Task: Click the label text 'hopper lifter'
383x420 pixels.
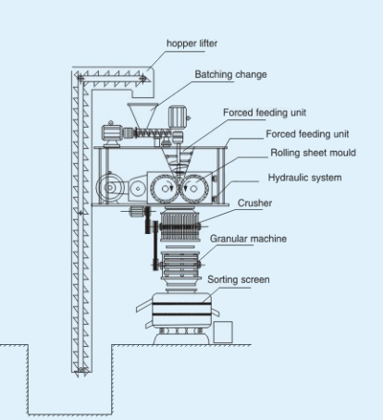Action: pos(191,43)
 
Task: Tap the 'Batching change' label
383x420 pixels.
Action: pos(230,75)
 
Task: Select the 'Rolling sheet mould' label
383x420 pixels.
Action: pos(313,153)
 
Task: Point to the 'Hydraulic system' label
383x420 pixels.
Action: pos(304,178)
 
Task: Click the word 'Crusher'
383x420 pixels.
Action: pos(254,203)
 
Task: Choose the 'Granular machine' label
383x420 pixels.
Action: pos(248,239)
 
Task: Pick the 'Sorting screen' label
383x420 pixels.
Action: pos(239,279)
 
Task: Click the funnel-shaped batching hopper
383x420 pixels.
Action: pos(142,117)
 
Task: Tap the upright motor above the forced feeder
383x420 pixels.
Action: pos(178,117)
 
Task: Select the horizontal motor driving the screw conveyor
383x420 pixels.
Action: pos(112,133)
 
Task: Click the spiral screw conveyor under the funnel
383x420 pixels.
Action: pos(153,133)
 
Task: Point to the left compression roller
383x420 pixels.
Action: pos(165,188)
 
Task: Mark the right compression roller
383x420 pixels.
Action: pos(194,189)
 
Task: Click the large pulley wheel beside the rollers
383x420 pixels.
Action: pos(109,188)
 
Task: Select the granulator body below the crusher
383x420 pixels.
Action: pos(180,265)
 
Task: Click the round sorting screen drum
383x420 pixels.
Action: pos(182,311)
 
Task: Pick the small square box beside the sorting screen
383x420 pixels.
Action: pos(223,332)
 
